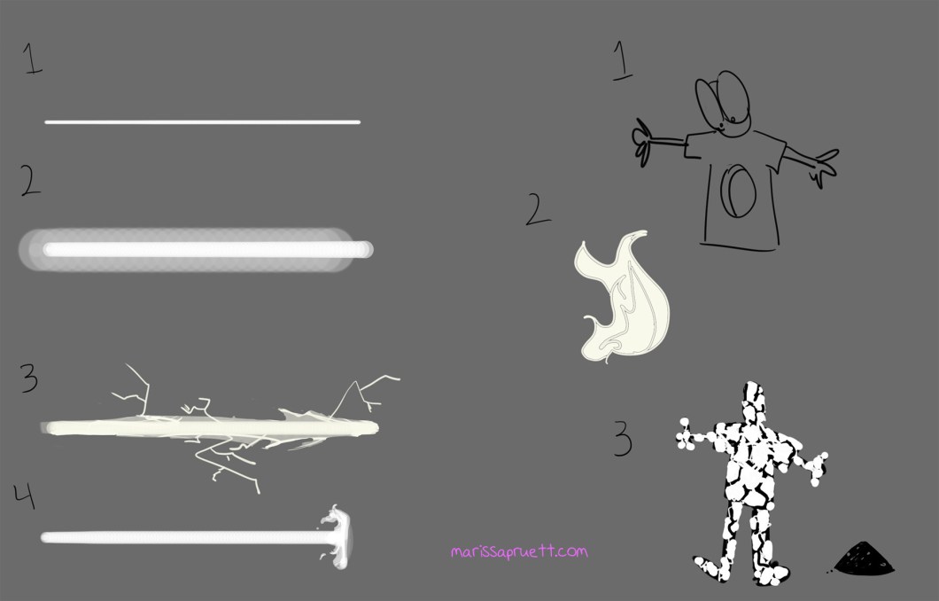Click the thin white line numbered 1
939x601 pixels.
[x=202, y=122]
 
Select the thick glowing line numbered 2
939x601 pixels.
[x=197, y=249]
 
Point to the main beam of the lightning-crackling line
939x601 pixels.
[x=210, y=428]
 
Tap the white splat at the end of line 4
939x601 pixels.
[x=338, y=536]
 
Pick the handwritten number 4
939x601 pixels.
[x=25, y=496]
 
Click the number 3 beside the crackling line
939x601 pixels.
[x=28, y=379]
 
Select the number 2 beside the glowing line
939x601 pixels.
[x=30, y=180]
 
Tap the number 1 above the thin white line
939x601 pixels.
[x=33, y=59]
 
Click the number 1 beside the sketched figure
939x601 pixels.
[x=622, y=60]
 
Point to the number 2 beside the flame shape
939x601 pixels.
[x=538, y=209]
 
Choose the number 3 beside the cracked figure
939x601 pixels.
[x=623, y=439]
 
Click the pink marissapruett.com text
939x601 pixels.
[x=519, y=551]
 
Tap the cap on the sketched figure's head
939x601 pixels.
[x=723, y=102]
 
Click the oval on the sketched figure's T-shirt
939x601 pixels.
[x=738, y=191]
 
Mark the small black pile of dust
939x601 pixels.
[x=863, y=558]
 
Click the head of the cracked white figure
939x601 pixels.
[x=753, y=401]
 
